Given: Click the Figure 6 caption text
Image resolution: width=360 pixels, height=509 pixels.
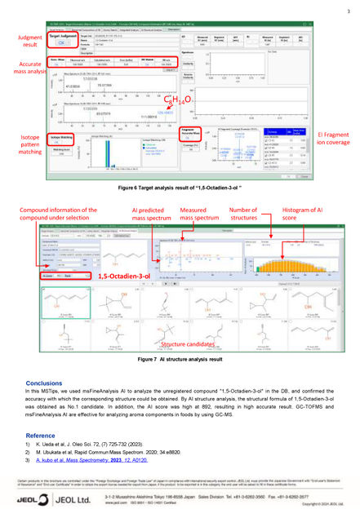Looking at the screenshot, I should click(180, 188).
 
